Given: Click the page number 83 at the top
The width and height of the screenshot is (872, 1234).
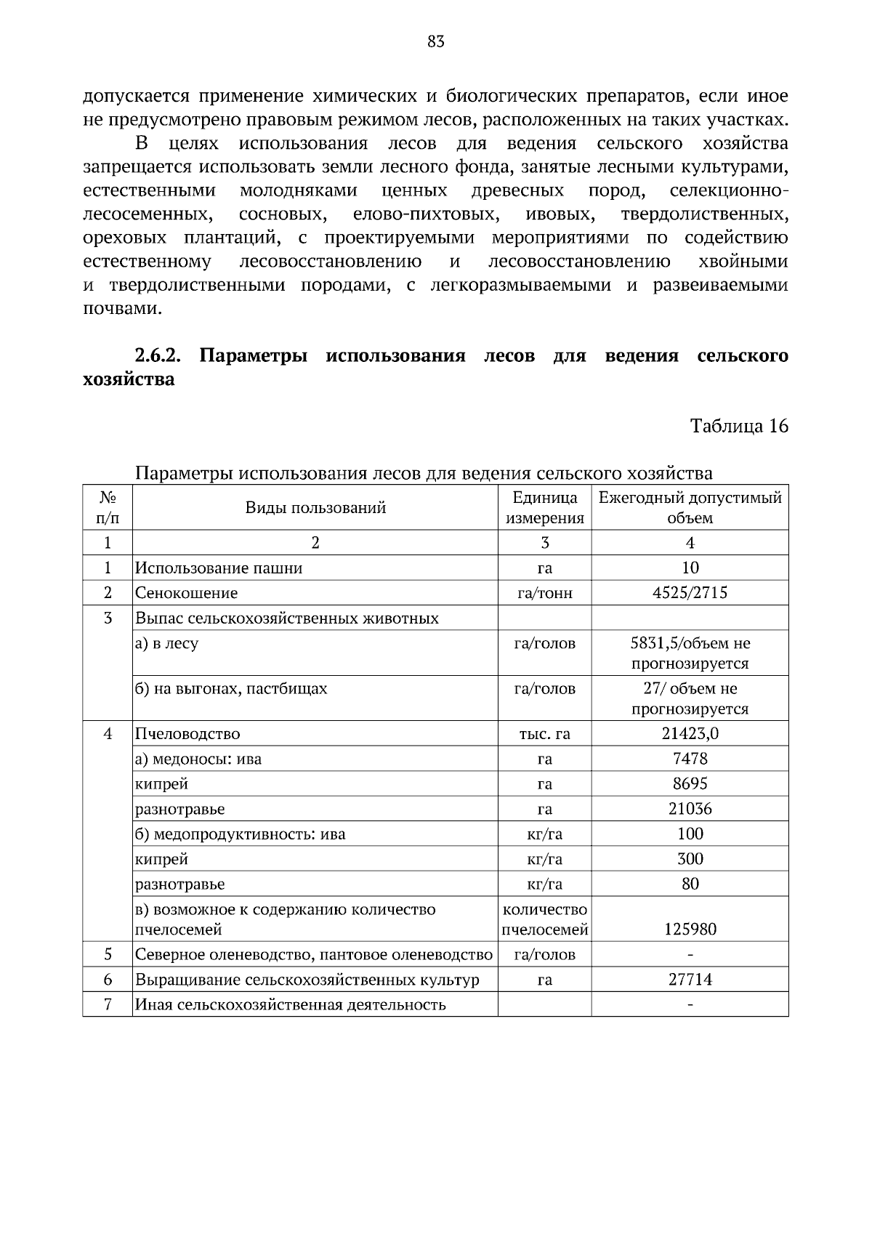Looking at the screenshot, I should [436, 42].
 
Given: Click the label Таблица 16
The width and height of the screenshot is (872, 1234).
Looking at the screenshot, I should [739, 426].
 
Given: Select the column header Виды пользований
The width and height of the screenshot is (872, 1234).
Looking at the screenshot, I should [315, 508].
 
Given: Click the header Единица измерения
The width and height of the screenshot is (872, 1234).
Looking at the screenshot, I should [544, 508].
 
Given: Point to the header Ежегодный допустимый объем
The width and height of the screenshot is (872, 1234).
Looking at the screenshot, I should [690, 508].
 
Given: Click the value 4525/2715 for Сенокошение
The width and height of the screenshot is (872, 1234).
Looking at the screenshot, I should [690, 593].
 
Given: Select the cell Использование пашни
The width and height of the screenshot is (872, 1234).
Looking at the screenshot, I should [219, 568].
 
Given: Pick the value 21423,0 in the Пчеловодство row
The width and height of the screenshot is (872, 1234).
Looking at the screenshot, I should [690, 734].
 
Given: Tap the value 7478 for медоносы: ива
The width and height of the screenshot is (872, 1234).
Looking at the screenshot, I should [690, 759].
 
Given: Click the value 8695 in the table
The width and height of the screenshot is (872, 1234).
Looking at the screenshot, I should [690, 784].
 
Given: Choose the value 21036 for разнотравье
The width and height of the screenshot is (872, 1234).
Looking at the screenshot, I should [690, 810].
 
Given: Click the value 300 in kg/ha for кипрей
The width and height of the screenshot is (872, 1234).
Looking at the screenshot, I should [690, 859].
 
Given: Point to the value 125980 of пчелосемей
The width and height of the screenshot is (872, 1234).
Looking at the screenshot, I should [690, 929].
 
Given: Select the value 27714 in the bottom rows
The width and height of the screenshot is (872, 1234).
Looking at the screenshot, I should [690, 980].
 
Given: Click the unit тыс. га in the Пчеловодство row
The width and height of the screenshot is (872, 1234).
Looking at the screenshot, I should [544, 734].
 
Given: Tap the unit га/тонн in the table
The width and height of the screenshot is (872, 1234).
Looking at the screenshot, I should [544, 593].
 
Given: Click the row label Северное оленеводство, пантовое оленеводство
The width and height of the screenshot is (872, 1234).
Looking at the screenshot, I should [314, 955].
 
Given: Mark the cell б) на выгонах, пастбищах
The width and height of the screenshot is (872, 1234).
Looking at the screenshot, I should [231, 689].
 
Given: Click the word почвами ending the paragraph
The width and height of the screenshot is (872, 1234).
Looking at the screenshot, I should [121, 309].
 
